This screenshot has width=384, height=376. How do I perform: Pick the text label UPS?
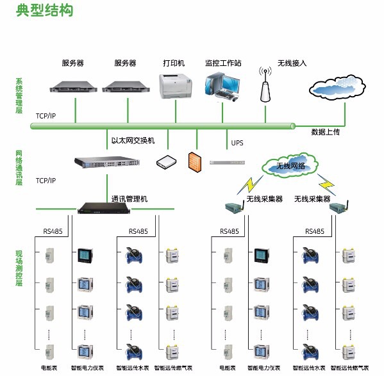click(x=237, y=142)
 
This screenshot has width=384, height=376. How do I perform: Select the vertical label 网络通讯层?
click(x=19, y=168)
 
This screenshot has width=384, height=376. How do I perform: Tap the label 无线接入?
click(x=292, y=63)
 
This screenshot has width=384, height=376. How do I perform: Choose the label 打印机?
click(x=173, y=63)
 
